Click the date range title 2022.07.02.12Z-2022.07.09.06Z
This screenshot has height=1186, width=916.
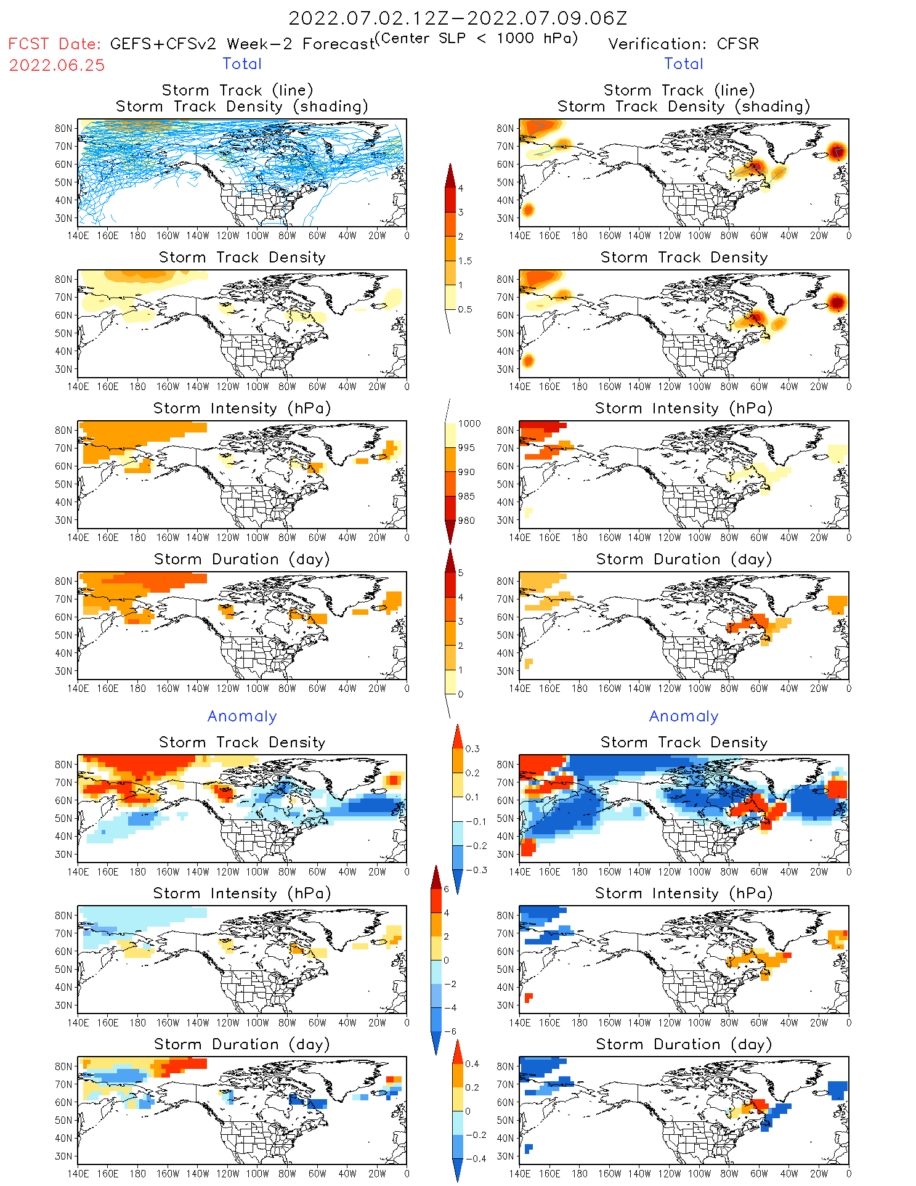pyautogui.click(x=458, y=18)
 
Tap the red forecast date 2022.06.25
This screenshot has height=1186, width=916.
pyautogui.click(x=57, y=65)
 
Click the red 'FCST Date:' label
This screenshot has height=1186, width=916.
pyautogui.click(x=54, y=44)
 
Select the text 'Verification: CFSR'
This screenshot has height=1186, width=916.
pyautogui.click(x=683, y=44)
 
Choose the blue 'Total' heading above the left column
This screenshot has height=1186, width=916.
pyautogui.click(x=242, y=64)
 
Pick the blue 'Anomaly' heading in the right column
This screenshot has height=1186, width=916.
pyautogui.click(x=684, y=717)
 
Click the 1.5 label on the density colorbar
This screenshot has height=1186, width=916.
pyautogui.click(x=465, y=261)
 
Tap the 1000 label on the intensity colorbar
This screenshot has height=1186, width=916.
pyautogui.click(x=469, y=424)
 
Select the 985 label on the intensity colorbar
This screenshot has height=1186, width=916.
pyautogui.click(x=466, y=497)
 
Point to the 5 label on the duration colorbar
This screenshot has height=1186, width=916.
pyautogui.click(x=461, y=573)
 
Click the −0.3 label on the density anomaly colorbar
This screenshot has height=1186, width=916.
pyautogui.click(x=476, y=871)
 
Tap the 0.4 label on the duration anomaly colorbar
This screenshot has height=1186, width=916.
pyautogui.click(x=472, y=1064)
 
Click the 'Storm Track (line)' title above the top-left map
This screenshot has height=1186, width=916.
pyautogui.click(x=237, y=91)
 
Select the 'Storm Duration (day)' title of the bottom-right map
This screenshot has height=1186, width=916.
pyautogui.click(x=684, y=1044)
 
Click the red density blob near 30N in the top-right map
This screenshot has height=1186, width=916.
pyautogui.click(x=527, y=210)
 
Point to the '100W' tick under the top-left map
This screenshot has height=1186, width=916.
pyautogui.click(x=257, y=236)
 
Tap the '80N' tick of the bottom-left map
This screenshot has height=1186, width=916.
pyautogui.click(x=63, y=1066)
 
